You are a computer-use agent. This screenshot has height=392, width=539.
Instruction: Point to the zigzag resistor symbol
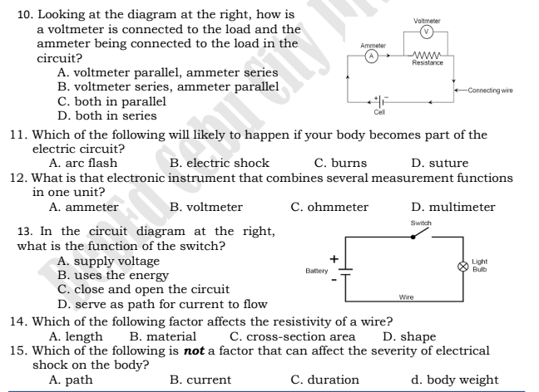coord(425,55)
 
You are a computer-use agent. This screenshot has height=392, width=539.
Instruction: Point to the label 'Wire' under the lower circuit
coord(407,296)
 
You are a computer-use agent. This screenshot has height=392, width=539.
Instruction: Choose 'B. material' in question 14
coord(163,336)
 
